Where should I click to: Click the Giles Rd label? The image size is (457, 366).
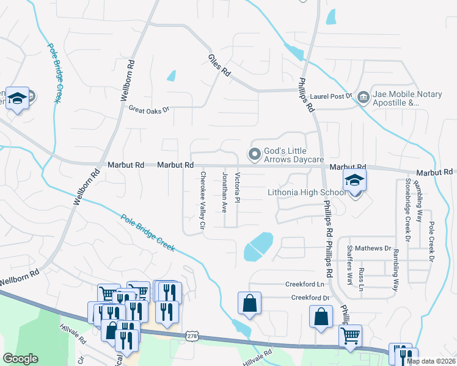pyautogui.click(x=219, y=65)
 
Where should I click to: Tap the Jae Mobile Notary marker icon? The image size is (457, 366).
pyautogui.click(x=364, y=96)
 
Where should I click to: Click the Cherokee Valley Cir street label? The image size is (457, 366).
pyautogui.click(x=203, y=201)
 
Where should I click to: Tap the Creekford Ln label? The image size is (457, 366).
pyautogui.click(x=304, y=284)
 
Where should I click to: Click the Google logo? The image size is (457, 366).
pyautogui.click(x=20, y=359)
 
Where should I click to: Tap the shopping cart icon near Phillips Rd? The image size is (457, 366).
pyautogui.click(x=350, y=334)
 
